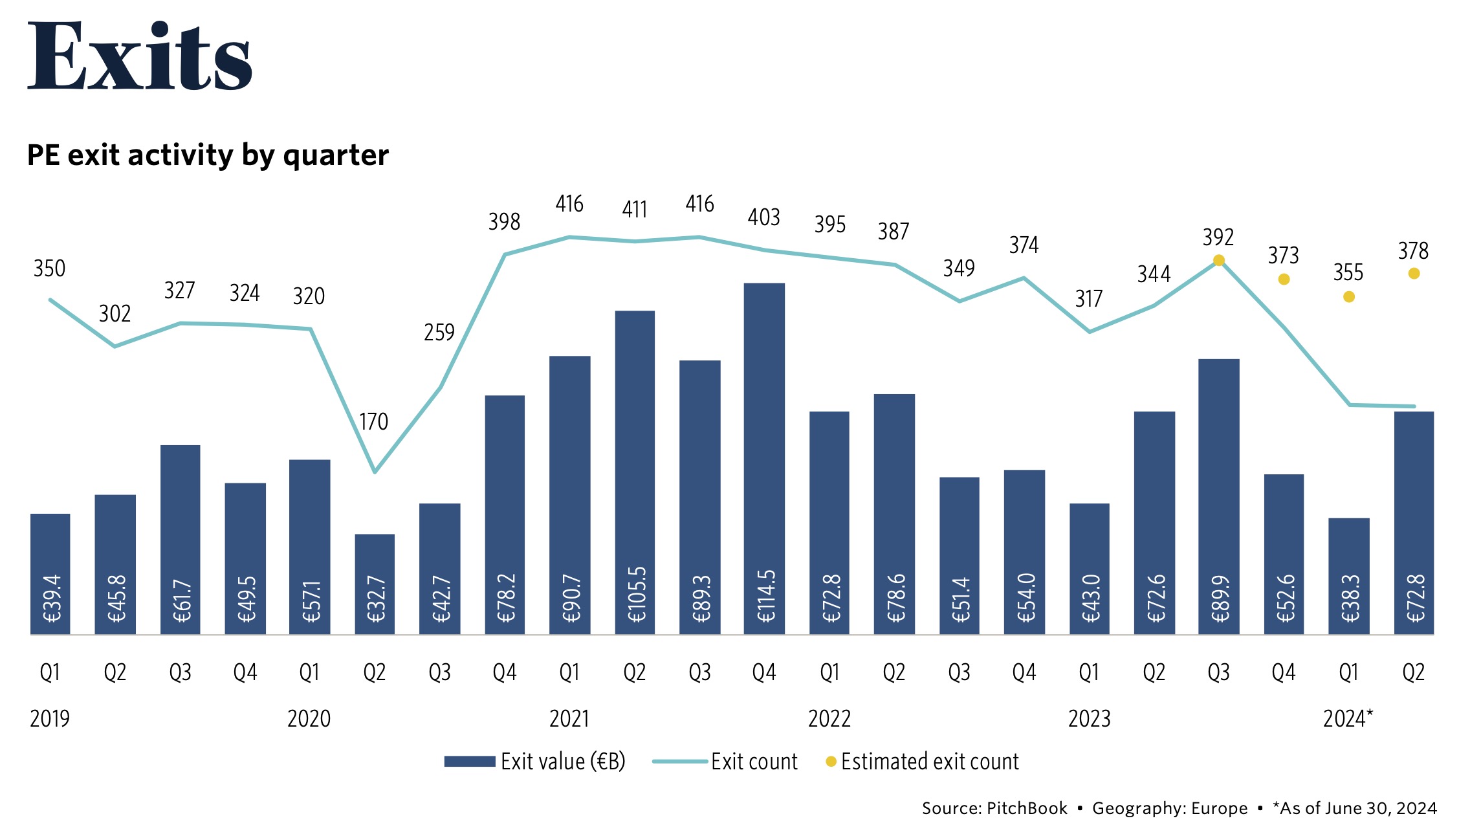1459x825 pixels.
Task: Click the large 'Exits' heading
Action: point(139,56)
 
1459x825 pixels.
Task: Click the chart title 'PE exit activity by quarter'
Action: point(208,155)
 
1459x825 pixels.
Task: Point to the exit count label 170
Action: point(374,422)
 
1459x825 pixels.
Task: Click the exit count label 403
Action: point(764,217)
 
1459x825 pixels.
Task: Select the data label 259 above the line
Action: point(439,333)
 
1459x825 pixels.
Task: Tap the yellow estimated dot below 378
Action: point(1414,274)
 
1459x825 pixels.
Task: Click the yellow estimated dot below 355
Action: point(1349,297)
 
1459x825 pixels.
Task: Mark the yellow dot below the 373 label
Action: point(1284,280)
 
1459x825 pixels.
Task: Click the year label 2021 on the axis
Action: point(569,719)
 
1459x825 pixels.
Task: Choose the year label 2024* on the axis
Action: point(1348,719)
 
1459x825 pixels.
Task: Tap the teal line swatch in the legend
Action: point(679,762)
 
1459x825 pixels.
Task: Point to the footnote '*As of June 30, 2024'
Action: point(1354,808)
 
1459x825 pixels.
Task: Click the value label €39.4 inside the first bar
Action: point(51,598)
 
